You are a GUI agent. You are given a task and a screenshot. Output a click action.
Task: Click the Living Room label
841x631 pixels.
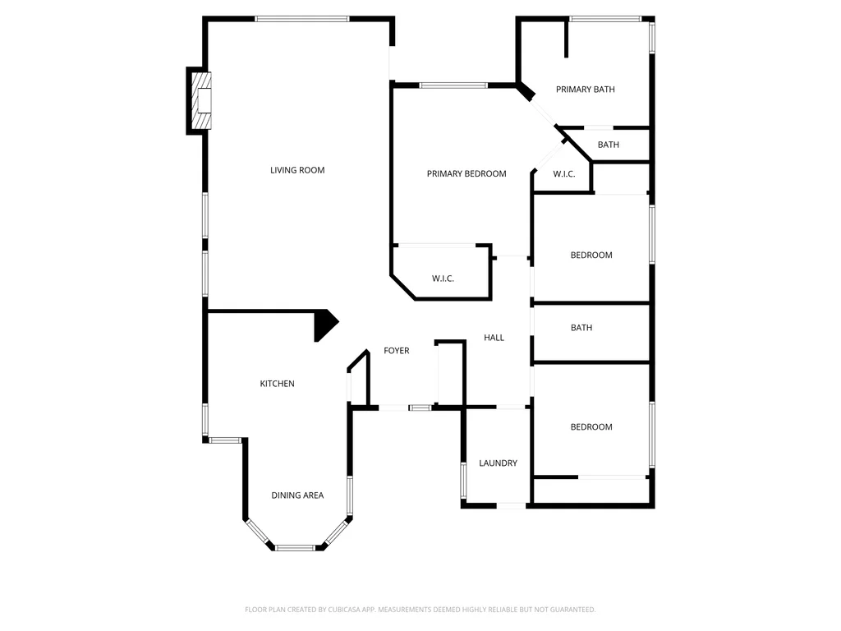tap(297, 170)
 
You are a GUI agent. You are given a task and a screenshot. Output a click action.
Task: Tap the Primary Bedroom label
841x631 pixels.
tap(466, 174)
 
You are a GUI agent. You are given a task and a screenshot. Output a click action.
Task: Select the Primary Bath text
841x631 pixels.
tap(585, 90)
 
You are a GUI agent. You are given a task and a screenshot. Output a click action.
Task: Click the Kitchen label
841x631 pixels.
tap(278, 384)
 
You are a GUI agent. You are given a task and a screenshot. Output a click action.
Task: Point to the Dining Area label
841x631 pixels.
tap(297, 495)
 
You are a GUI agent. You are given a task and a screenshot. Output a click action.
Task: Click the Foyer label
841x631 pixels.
tap(397, 351)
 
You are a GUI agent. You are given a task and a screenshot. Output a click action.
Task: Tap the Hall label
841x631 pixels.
tap(494, 338)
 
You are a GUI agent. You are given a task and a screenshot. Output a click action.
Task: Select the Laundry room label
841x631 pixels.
tap(499, 463)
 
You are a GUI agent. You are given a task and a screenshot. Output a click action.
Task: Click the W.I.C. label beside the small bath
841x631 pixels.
tap(564, 174)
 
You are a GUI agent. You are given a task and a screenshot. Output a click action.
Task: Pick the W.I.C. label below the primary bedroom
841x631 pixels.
tap(443, 279)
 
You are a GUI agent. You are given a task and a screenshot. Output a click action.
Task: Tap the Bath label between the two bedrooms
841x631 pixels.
tap(581, 328)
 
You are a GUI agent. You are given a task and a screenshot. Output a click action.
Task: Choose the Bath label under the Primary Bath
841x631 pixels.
tap(609, 145)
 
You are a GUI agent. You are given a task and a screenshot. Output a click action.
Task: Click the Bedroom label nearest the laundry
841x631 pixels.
tap(591, 427)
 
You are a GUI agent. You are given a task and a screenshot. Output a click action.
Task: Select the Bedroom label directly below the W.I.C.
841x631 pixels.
tap(591, 256)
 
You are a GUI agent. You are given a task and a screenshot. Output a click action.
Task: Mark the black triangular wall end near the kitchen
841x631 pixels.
tap(324, 324)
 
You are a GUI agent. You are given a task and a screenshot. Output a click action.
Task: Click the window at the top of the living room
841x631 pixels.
tap(302, 20)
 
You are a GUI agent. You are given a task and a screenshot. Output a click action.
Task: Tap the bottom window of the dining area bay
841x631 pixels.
tap(295, 548)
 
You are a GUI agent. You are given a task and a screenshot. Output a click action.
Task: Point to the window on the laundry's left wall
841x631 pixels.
tap(463, 481)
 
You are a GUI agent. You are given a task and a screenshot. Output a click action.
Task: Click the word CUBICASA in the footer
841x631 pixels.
tap(345, 610)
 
